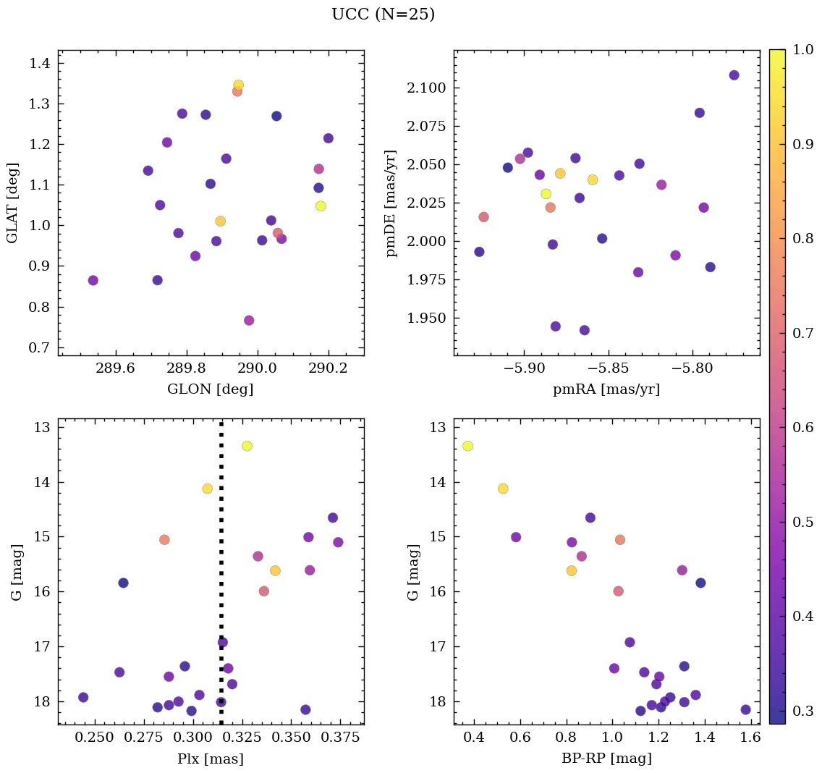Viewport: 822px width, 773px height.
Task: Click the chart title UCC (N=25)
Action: click(x=383, y=14)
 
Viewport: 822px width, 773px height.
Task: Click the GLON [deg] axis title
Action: click(x=210, y=389)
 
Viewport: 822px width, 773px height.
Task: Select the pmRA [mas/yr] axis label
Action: click(x=606, y=389)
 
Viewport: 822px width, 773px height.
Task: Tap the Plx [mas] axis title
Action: click(x=210, y=759)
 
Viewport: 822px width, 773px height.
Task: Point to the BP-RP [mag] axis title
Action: click(x=606, y=759)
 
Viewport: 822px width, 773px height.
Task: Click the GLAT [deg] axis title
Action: click(x=12, y=203)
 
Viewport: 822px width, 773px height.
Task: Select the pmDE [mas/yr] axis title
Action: click(x=391, y=203)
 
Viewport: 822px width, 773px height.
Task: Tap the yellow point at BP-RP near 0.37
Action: click(x=467, y=446)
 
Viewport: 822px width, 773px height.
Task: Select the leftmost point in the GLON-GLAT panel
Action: click(x=93, y=280)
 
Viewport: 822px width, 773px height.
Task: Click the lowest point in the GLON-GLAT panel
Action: click(x=249, y=320)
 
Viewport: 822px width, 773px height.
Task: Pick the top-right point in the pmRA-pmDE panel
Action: click(x=734, y=75)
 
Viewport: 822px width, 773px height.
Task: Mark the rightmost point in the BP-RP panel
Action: click(x=745, y=709)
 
